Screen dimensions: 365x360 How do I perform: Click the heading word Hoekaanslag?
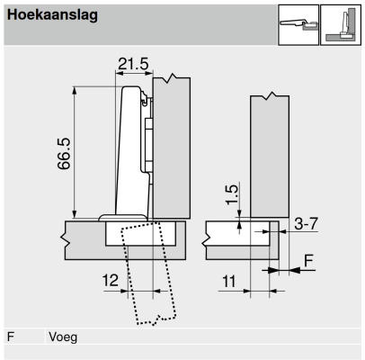(52, 15)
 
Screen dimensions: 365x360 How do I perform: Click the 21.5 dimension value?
(133, 64)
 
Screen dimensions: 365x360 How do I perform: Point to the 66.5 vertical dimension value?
(64, 154)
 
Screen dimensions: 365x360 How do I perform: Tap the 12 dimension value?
(111, 280)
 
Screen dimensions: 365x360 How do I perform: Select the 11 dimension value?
(229, 282)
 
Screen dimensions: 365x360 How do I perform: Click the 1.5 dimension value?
(232, 195)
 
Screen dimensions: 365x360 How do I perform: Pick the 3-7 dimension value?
(306, 223)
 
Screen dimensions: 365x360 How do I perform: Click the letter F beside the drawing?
(308, 260)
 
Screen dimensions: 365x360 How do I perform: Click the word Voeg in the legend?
(63, 337)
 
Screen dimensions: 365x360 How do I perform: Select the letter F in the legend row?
(11, 337)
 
